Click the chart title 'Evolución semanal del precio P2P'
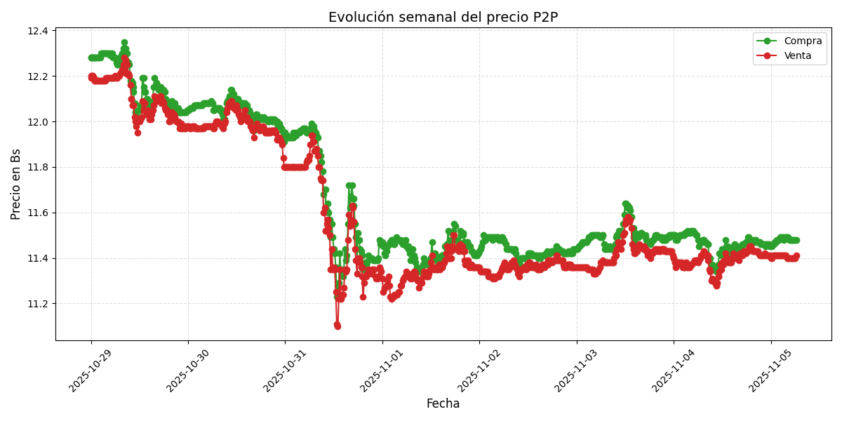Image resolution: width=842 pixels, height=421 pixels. pos(443,18)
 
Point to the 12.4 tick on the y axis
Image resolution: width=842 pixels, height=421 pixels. pos(39,31)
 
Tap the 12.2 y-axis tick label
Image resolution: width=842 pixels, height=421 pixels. pos(39,76)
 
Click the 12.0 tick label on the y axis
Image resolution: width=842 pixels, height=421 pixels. pos(39,122)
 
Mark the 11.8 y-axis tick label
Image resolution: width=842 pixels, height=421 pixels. pos(39,168)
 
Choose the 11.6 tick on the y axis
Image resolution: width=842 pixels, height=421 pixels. pos(39,213)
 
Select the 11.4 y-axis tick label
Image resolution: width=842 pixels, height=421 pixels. pos(39,259)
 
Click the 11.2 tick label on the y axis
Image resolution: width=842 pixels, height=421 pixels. pos(39,304)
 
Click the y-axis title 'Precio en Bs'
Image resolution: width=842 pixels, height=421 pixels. pos(16,184)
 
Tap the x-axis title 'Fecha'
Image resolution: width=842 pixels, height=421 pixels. pos(443,404)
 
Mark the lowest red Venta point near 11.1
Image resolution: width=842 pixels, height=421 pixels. pos(338,326)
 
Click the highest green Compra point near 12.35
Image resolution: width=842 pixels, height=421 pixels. pos(124,43)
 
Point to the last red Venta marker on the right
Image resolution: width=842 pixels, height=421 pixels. pos(796,256)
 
